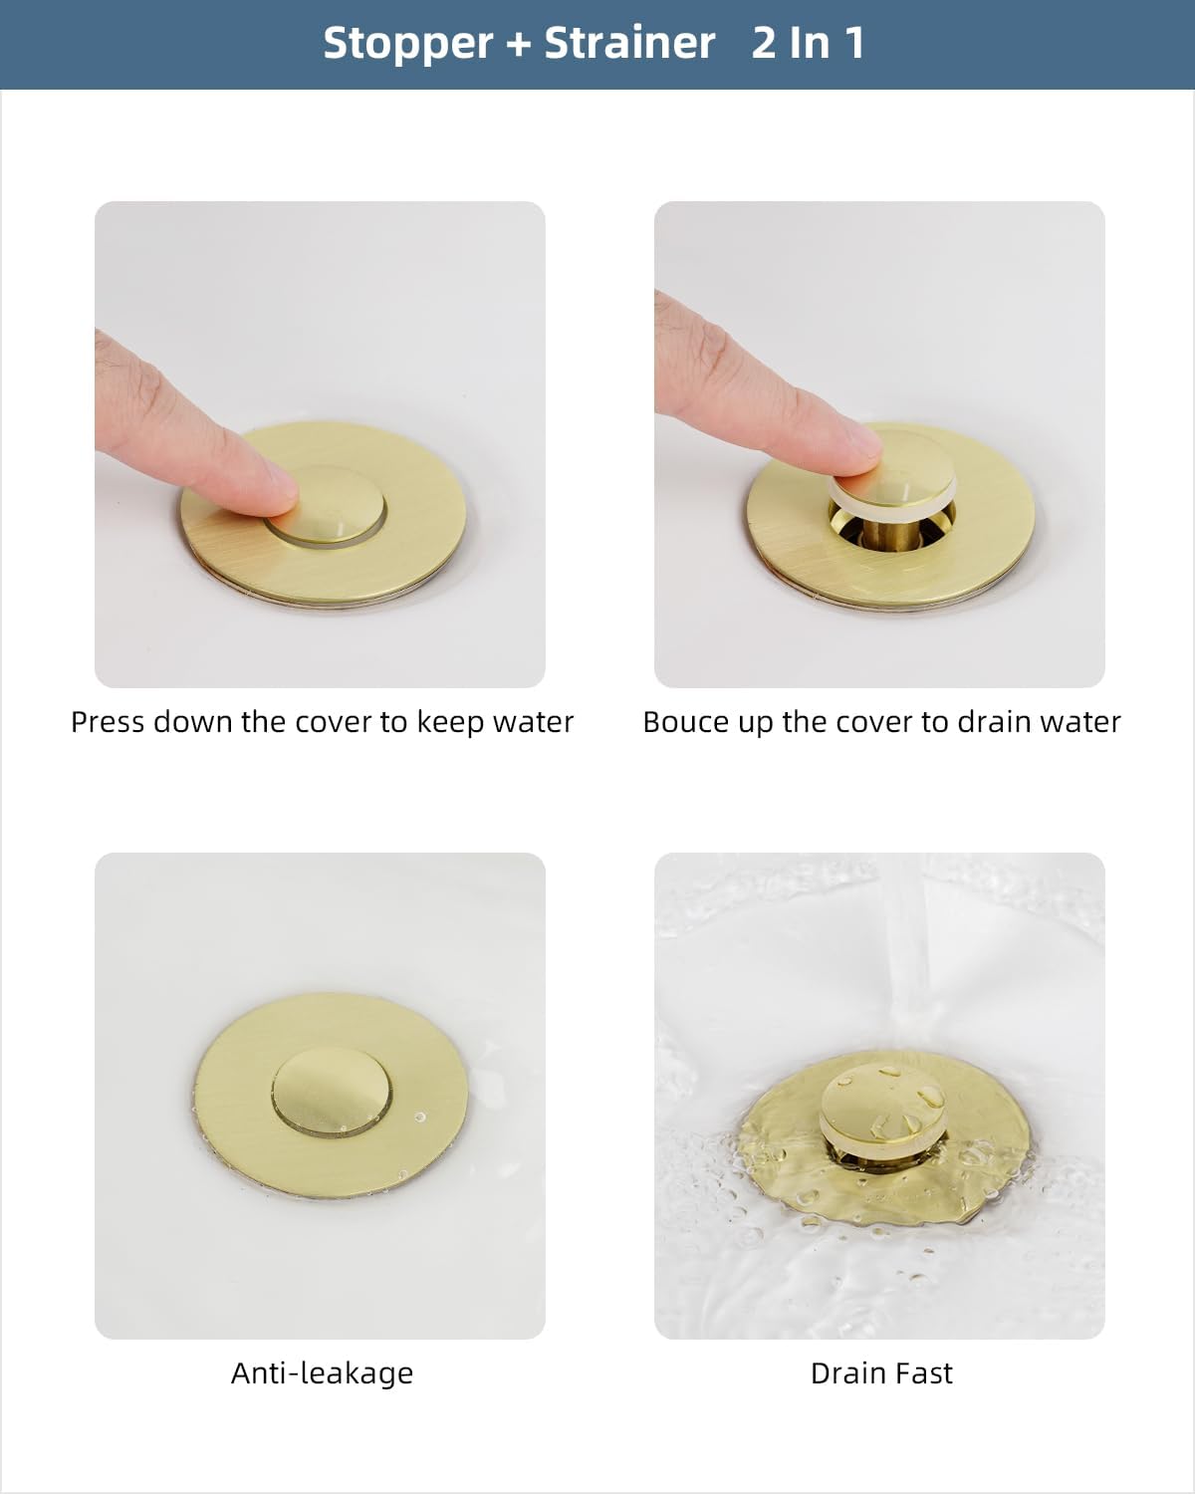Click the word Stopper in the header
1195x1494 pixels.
(x=407, y=44)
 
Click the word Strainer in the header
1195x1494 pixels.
(x=629, y=44)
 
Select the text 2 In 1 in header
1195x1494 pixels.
(x=808, y=44)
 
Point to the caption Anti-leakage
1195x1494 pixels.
(x=322, y=1373)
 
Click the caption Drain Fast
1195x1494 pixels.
(x=880, y=1373)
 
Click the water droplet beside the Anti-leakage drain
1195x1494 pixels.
(x=419, y=1117)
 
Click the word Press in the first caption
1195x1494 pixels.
(x=107, y=722)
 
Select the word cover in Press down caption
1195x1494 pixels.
(x=334, y=722)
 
